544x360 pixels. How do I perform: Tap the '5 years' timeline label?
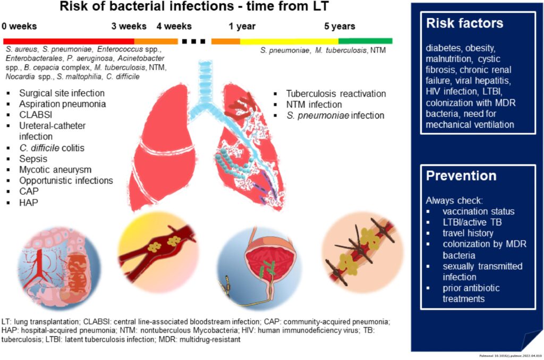point(340,26)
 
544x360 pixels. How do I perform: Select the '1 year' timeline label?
point(242,26)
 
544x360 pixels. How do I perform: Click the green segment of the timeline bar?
point(365,41)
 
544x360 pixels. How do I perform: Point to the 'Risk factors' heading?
point(465,24)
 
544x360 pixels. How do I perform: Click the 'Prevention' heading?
point(461,176)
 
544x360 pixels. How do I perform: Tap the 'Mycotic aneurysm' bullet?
point(55,169)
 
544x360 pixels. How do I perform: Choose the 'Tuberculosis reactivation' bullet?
point(336,93)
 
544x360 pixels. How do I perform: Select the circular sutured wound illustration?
point(362,251)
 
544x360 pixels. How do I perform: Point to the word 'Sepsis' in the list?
point(33,159)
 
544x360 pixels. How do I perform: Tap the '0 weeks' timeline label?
point(20,26)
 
